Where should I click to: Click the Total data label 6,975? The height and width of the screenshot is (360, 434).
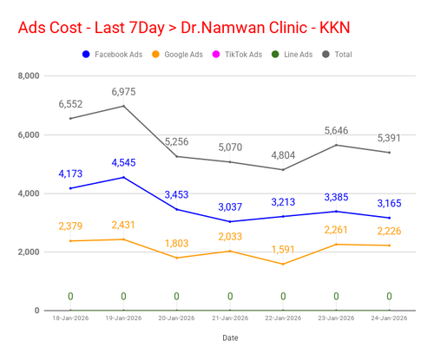tap(123, 92)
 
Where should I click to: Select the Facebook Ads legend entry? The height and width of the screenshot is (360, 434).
tap(113, 55)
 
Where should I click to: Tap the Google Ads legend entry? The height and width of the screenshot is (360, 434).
tap(178, 55)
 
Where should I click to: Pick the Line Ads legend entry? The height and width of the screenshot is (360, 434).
tap(293, 55)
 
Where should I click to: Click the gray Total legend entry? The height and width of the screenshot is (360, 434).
tap(337, 55)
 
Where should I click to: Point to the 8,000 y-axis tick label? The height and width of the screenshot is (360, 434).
tap(29, 75)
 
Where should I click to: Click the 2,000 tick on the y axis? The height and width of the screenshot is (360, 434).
tap(29, 252)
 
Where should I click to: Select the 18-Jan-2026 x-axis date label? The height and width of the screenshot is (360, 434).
tap(70, 318)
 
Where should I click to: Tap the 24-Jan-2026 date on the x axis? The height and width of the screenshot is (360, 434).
tap(389, 318)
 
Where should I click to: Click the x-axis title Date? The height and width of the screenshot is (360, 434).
tap(230, 337)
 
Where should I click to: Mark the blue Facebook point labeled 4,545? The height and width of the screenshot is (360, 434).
tap(124, 177)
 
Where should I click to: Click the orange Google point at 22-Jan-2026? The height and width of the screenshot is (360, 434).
tap(283, 264)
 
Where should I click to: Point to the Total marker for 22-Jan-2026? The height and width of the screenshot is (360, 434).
tap(283, 170)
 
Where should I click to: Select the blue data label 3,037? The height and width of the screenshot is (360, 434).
tap(230, 207)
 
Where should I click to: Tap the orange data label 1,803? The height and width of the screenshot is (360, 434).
tap(176, 244)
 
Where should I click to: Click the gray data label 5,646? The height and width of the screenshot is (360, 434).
tap(336, 131)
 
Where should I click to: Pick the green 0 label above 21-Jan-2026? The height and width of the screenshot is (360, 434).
tap(230, 297)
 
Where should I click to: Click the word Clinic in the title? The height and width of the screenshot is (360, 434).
tap(288, 28)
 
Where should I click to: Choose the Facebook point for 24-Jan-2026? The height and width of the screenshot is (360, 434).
tap(389, 218)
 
